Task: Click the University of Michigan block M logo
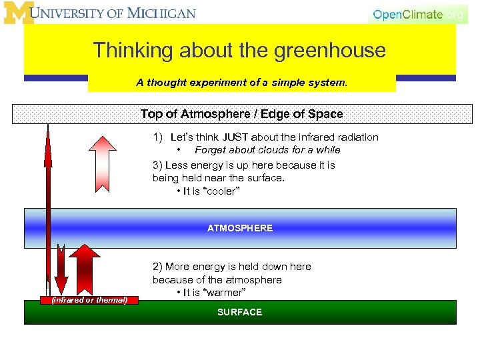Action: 18,13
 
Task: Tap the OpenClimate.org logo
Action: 418,14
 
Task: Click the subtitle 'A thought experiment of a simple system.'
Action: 241,83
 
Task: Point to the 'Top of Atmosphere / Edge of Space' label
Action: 241,114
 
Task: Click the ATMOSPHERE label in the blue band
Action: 240,228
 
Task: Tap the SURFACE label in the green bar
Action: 240,312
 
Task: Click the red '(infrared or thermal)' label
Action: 90,300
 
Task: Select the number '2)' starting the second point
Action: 157,267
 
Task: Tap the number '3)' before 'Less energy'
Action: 157,165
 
